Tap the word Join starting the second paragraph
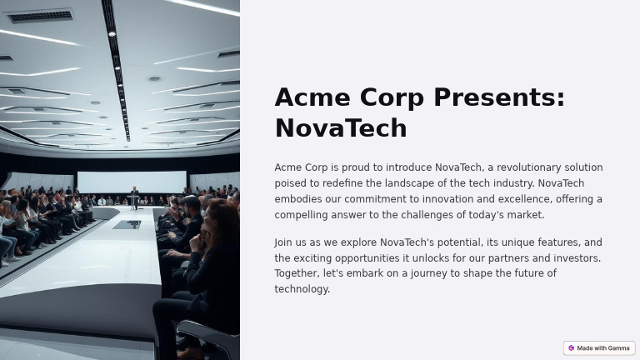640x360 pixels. point(283,242)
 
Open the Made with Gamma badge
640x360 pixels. point(599,348)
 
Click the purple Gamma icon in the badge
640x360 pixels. point(572,348)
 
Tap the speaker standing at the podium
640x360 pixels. point(134,197)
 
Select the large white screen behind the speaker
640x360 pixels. point(132,182)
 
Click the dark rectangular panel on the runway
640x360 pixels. point(127,224)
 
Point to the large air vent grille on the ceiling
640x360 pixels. point(39,16)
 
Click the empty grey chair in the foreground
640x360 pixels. point(208,338)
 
